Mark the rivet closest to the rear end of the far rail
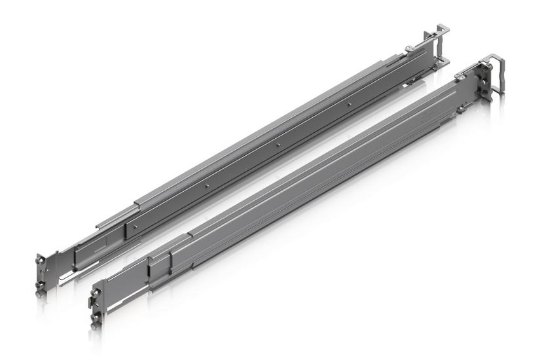point(351,103)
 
